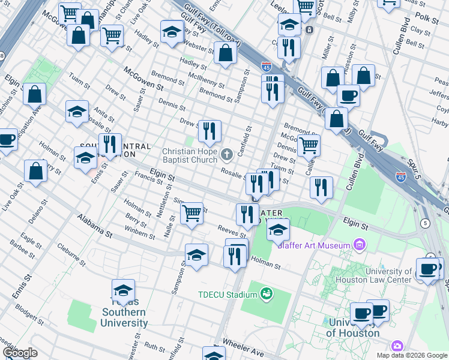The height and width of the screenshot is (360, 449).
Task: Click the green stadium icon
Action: tap(265, 294)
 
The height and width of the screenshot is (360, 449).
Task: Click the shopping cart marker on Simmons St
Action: tap(191, 212)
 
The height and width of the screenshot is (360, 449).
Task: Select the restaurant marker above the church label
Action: tap(209, 131)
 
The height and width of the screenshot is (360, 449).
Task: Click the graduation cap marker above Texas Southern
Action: tap(123, 290)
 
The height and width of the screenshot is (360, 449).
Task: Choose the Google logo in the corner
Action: tap(20, 352)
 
